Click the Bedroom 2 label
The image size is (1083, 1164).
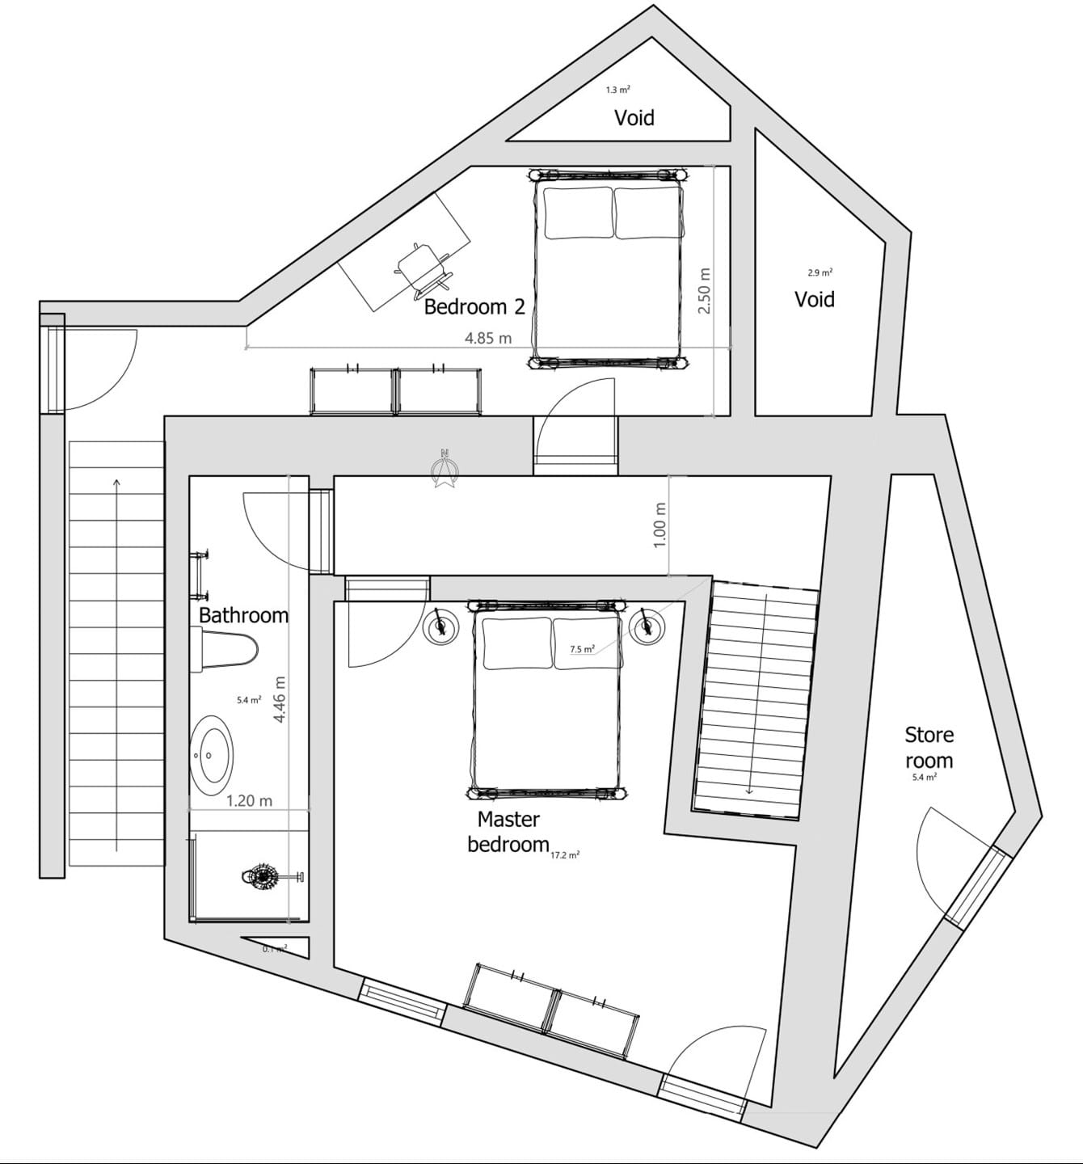click(474, 307)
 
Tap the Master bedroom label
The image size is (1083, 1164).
click(508, 832)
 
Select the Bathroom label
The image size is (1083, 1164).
click(243, 615)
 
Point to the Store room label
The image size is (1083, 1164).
click(929, 748)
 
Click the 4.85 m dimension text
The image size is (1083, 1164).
click(488, 338)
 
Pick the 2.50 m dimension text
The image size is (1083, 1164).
click(704, 291)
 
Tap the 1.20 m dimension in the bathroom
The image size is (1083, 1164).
click(249, 801)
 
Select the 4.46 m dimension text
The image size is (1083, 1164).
click(280, 699)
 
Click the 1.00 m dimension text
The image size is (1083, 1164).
click(659, 525)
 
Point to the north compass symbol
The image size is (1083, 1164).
click(444, 470)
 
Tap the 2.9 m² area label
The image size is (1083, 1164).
click(820, 273)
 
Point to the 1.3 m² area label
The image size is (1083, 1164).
click(618, 91)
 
